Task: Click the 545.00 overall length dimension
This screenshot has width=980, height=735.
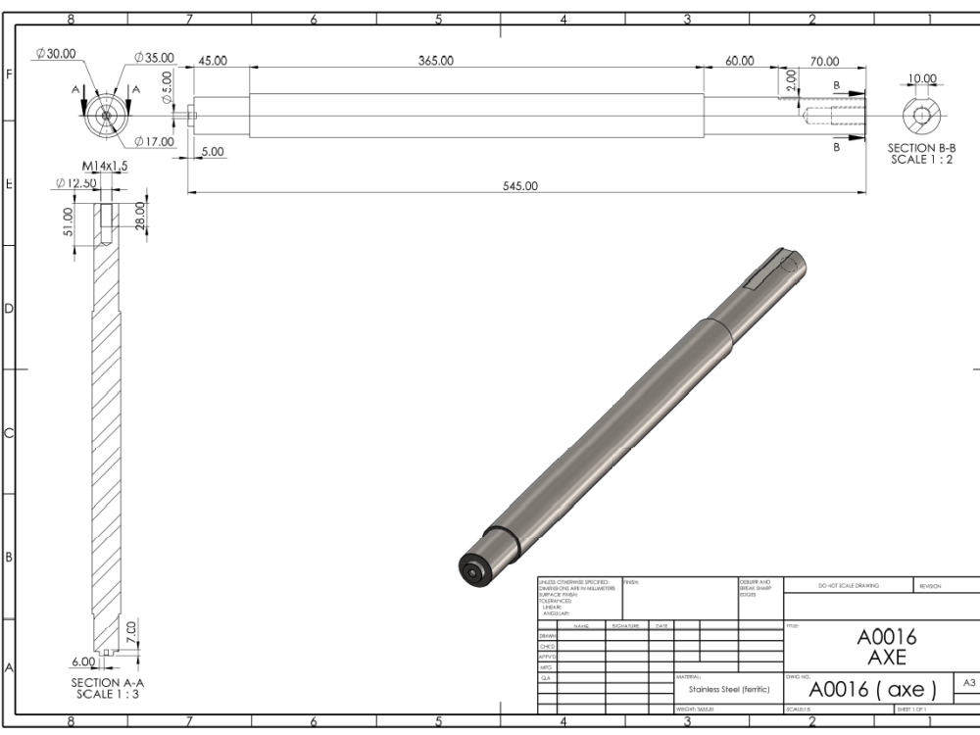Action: pyautogui.click(x=519, y=186)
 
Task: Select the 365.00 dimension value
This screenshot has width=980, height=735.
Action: pyautogui.click(x=435, y=61)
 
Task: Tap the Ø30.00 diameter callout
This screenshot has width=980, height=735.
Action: pyautogui.click(x=56, y=54)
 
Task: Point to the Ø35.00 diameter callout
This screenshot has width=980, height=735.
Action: pyautogui.click(x=150, y=59)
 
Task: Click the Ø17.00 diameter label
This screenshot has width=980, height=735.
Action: pyautogui.click(x=154, y=142)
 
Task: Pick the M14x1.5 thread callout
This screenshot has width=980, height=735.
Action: pyautogui.click(x=105, y=166)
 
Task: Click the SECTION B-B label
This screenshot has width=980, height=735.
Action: pyautogui.click(x=921, y=154)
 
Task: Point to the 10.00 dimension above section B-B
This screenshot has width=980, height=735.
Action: pyautogui.click(x=922, y=79)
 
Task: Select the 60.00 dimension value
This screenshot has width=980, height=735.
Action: pyautogui.click(x=740, y=61)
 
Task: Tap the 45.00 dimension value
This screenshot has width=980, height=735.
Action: pyautogui.click(x=213, y=61)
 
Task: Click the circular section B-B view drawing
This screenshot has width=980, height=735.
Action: pyautogui.click(x=922, y=118)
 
